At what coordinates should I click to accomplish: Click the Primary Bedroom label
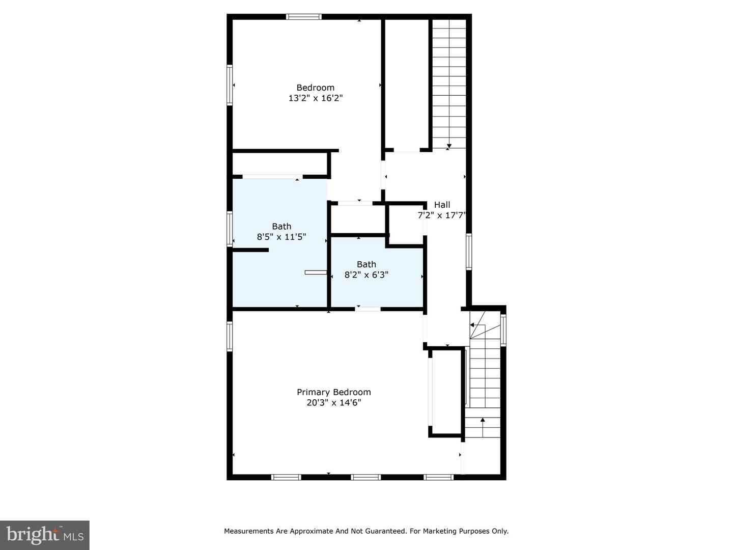(333, 392)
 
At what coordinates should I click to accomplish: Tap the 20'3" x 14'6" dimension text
(333, 403)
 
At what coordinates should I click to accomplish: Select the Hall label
(442, 205)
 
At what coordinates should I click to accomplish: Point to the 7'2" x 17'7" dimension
(442, 215)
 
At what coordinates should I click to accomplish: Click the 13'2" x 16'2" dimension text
(315, 98)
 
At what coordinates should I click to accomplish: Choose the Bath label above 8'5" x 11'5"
(281, 227)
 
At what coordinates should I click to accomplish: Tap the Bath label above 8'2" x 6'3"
(366, 264)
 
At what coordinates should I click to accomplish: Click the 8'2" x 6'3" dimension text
(366, 275)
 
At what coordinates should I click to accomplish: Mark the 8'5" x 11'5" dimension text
(281, 237)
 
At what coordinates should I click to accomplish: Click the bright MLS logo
(45, 535)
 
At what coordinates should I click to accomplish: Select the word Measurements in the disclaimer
(249, 531)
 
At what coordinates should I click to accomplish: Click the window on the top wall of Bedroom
(304, 17)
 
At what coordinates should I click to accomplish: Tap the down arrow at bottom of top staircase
(449, 146)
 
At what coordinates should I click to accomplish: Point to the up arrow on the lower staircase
(483, 420)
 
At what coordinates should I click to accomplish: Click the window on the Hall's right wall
(469, 251)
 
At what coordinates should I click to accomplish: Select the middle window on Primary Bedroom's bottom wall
(366, 477)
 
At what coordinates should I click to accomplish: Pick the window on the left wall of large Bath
(230, 229)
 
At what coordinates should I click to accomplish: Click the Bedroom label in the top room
(315, 88)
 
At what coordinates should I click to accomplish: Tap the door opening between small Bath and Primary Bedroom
(368, 309)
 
